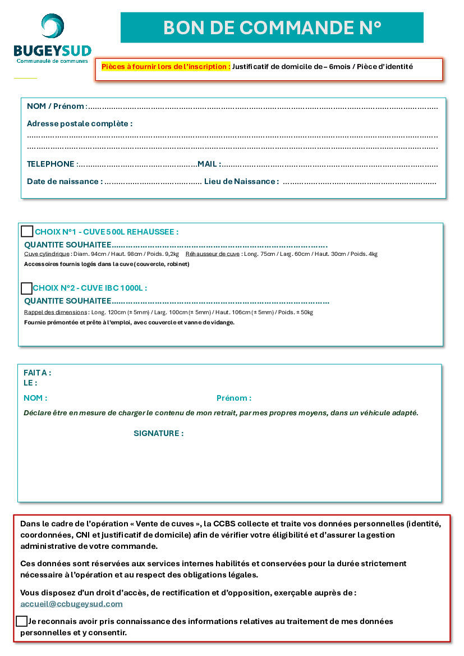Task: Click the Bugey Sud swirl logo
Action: [x=52, y=26]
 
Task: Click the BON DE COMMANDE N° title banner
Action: [x=272, y=27]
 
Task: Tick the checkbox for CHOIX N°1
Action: [x=27, y=231]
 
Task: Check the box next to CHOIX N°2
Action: [x=26, y=288]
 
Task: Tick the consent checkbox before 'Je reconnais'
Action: [x=22, y=621]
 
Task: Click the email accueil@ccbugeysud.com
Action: [x=71, y=604]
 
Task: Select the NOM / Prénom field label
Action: [x=57, y=106]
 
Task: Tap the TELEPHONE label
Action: [x=50, y=164]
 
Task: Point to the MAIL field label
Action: [x=208, y=164]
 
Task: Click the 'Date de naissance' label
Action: [x=65, y=181]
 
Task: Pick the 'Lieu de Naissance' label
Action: [x=241, y=181]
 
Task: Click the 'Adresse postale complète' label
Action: [x=80, y=123]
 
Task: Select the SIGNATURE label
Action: [x=158, y=433]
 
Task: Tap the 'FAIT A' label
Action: [x=37, y=373]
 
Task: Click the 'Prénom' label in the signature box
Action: [x=233, y=398]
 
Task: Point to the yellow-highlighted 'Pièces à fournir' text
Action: [x=166, y=66]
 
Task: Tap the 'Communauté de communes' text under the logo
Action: [x=52, y=61]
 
